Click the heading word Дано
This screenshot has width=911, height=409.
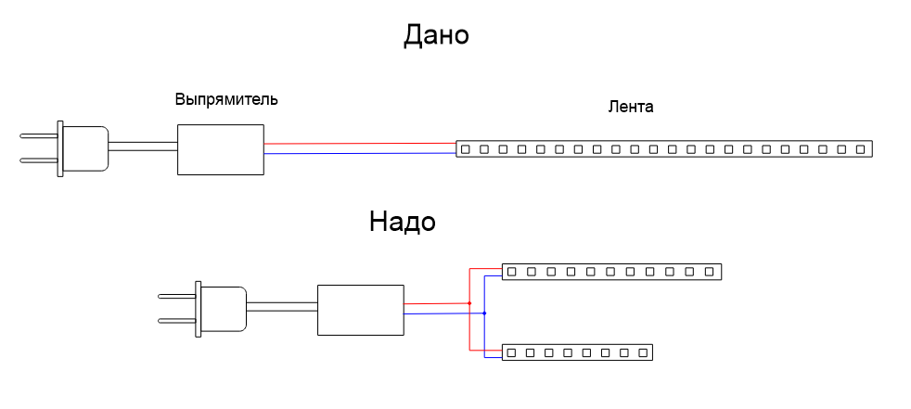(436, 35)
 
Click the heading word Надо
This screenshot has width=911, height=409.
(402, 223)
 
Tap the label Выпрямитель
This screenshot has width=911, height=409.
(226, 98)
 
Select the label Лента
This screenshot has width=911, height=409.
(631, 107)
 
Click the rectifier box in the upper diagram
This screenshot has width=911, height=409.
(220, 148)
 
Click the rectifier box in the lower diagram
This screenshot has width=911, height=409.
(361, 310)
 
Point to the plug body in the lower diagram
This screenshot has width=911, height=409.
(225, 310)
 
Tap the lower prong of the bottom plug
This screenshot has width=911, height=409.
(176, 321)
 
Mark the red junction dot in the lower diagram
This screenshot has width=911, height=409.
(469, 303)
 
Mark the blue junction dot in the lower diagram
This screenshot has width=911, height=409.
(484, 313)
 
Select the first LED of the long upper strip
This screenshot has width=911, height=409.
(465, 148)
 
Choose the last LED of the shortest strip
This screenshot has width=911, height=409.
(643, 352)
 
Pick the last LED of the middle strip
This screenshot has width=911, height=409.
(710, 272)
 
